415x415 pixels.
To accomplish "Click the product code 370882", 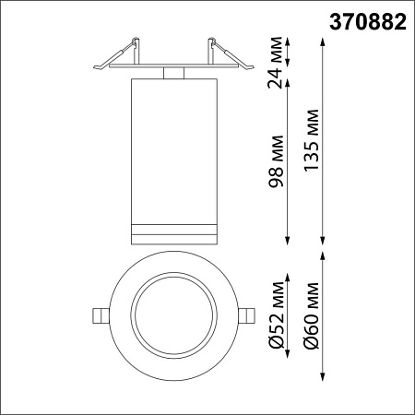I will (x=367, y=21).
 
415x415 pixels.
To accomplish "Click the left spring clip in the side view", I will (x=131, y=51).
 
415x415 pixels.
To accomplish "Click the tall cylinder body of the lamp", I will (x=172, y=148).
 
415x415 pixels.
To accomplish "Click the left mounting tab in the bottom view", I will (x=100, y=314).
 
